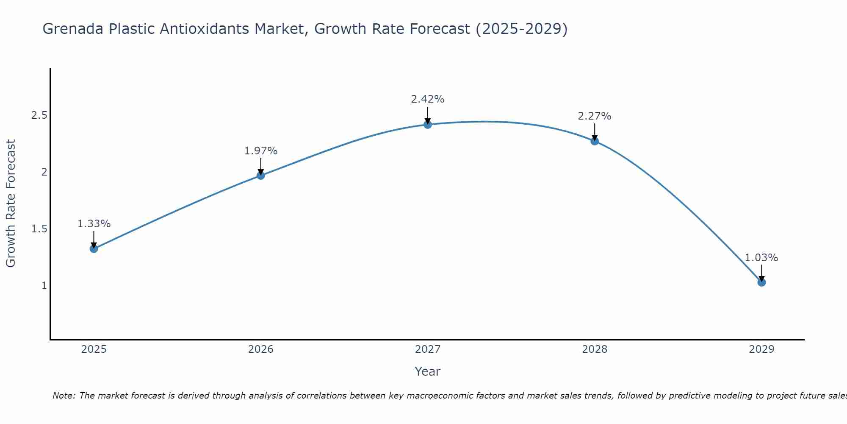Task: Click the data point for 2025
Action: tap(94, 248)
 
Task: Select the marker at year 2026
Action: tap(261, 175)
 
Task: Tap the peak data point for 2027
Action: tap(428, 124)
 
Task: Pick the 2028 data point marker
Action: tap(595, 141)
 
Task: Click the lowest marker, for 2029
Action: tap(761, 282)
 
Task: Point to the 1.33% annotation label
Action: tap(94, 224)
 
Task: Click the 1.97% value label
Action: tap(261, 151)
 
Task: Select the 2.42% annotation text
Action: tap(428, 99)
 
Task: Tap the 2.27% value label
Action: tap(595, 116)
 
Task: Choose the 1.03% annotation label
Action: tap(761, 258)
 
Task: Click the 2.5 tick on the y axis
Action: tap(39, 115)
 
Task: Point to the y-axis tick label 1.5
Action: tap(39, 229)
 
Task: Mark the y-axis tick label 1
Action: tap(44, 286)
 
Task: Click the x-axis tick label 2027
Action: tap(428, 349)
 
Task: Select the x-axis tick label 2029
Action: tap(761, 349)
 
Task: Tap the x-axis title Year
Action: tap(428, 371)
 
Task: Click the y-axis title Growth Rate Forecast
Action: tap(11, 204)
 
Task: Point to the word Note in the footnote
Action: tap(64, 396)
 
